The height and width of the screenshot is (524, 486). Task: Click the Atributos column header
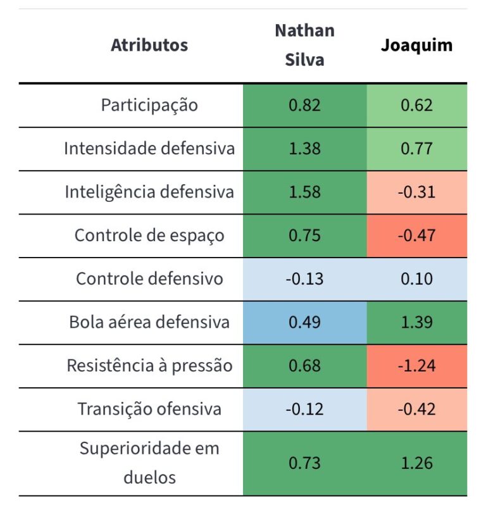click(149, 46)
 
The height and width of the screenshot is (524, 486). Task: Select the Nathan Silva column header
click(304, 46)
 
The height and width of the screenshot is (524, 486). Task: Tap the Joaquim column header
click(416, 46)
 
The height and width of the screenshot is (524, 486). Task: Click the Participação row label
click(149, 105)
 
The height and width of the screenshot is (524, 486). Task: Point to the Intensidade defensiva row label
click(149, 149)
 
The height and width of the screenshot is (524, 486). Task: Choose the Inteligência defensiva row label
click(149, 192)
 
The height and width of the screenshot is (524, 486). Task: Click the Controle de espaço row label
click(149, 235)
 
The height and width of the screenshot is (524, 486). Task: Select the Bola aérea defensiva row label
click(149, 322)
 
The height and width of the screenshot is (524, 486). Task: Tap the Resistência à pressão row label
click(149, 366)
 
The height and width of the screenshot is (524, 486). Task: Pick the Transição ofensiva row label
click(149, 409)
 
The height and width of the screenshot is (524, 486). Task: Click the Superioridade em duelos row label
click(149, 463)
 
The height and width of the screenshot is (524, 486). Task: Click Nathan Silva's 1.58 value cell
click(304, 192)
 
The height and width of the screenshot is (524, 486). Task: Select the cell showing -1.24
click(416, 366)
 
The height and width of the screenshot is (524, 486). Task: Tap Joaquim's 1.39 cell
click(416, 322)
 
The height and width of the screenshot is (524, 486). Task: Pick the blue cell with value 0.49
click(304, 322)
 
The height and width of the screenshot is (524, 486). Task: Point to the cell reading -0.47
click(416, 235)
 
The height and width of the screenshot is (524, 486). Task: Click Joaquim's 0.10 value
click(416, 278)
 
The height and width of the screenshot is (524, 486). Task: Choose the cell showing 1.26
click(416, 463)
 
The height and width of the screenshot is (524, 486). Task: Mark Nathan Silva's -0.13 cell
click(304, 278)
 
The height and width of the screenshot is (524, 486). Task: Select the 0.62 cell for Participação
click(416, 105)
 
